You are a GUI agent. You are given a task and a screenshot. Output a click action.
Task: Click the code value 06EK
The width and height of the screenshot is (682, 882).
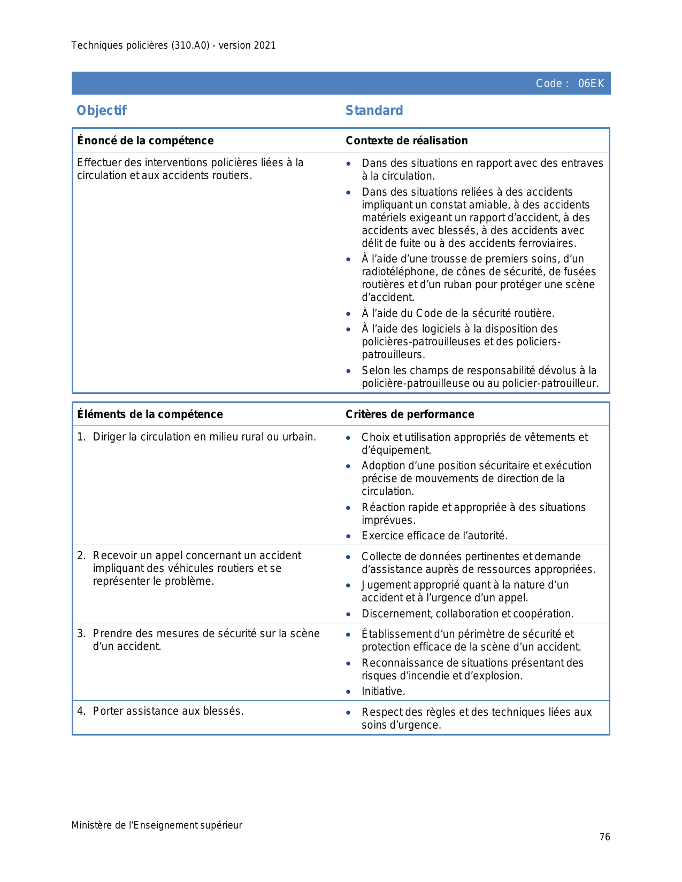click(x=591, y=83)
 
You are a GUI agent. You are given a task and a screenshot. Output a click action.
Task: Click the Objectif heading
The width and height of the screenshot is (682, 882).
click(x=102, y=111)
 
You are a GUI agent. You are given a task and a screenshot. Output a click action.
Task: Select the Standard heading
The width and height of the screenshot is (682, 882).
click(x=374, y=111)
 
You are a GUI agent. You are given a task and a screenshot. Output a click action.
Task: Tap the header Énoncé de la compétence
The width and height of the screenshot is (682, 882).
click(x=145, y=141)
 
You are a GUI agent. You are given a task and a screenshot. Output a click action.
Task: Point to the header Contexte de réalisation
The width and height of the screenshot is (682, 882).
click(x=407, y=141)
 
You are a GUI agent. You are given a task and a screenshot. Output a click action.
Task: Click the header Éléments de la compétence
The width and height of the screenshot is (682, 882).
click(x=150, y=414)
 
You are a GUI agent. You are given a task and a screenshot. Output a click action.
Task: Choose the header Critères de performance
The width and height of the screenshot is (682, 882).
click(x=410, y=414)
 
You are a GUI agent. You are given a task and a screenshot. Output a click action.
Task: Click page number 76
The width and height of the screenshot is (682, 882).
click(x=604, y=837)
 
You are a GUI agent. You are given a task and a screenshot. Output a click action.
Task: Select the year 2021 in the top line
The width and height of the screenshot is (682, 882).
click(x=265, y=45)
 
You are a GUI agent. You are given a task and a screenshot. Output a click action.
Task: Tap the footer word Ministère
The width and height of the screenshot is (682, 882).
click(x=91, y=825)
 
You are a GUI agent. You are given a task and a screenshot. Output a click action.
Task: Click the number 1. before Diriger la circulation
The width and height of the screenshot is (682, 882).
click(x=81, y=437)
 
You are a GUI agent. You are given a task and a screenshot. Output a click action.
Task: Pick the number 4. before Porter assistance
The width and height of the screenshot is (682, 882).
click(x=81, y=711)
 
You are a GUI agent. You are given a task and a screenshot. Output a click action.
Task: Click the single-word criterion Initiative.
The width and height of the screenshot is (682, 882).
click(x=383, y=691)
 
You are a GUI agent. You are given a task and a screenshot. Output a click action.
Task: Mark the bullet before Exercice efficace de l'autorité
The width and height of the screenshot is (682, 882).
click(x=349, y=536)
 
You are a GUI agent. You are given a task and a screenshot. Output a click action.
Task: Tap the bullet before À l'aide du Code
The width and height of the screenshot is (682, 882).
click(x=349, y=314)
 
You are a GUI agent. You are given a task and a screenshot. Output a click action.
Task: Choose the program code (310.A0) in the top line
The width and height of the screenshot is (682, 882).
click(x=190, y=45)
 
